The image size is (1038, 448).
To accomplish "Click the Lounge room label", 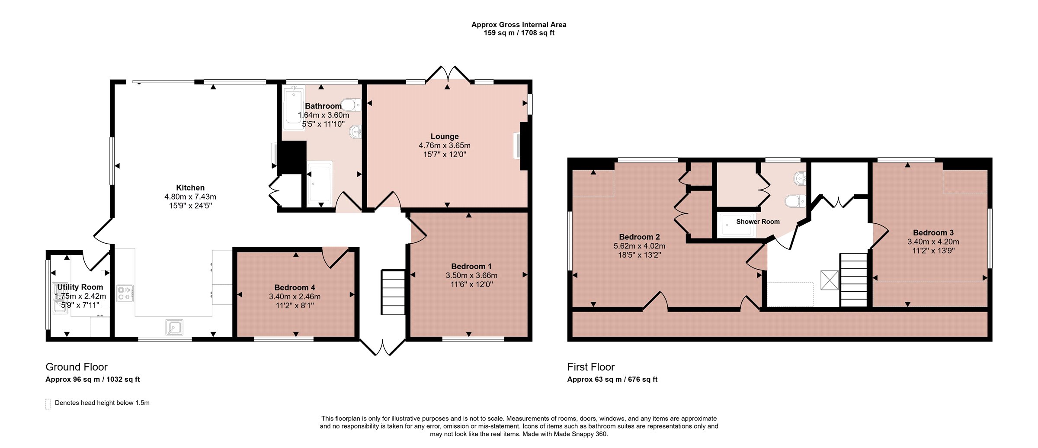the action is pos(445,136).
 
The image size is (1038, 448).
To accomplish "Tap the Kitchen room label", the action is pos(190,187).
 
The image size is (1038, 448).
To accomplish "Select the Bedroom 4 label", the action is pos(295,287).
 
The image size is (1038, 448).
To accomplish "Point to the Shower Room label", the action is pos(758,222).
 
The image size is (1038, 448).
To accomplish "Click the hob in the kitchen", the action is pos(125,293).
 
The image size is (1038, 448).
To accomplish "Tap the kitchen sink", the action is pos(174,327).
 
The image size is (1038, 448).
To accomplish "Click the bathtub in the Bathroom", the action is pos(293,107).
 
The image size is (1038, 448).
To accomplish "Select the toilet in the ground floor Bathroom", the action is pos(351,105).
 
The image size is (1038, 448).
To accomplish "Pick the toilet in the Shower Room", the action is pos(795,201).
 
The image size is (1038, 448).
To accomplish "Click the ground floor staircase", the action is pos(393,292).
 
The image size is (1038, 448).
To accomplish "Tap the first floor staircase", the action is pos(854,280).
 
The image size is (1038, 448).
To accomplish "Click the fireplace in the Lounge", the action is pos(521,146).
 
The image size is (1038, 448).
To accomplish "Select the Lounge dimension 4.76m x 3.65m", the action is pos(445,145).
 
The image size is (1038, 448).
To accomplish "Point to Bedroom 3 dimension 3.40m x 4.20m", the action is pos(933,242).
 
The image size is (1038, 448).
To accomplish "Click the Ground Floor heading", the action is pos(77,367).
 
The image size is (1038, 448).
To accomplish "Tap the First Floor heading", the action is pos(591,367).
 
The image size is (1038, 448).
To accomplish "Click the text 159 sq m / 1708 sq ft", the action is pos(519,33).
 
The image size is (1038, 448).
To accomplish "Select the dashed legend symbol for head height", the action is pos(48,403).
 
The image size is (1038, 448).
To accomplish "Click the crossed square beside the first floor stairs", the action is pos(830,280).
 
